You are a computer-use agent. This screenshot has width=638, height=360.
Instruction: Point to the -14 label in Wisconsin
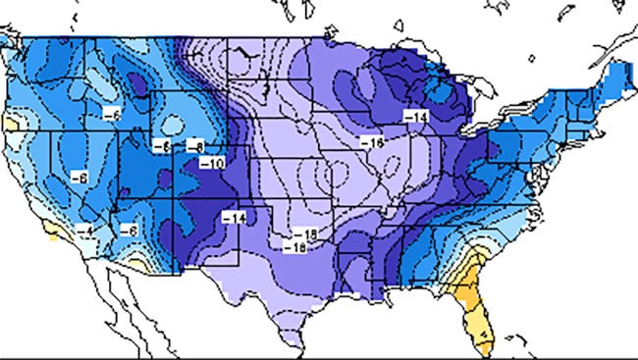[x=416, y=116]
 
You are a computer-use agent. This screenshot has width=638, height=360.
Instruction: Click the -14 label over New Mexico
[x=234, y=216]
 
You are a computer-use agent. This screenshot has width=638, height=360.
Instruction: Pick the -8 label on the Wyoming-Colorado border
[x=196, y=146]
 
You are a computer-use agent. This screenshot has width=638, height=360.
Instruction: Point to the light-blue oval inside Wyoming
[x=173, y=126]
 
